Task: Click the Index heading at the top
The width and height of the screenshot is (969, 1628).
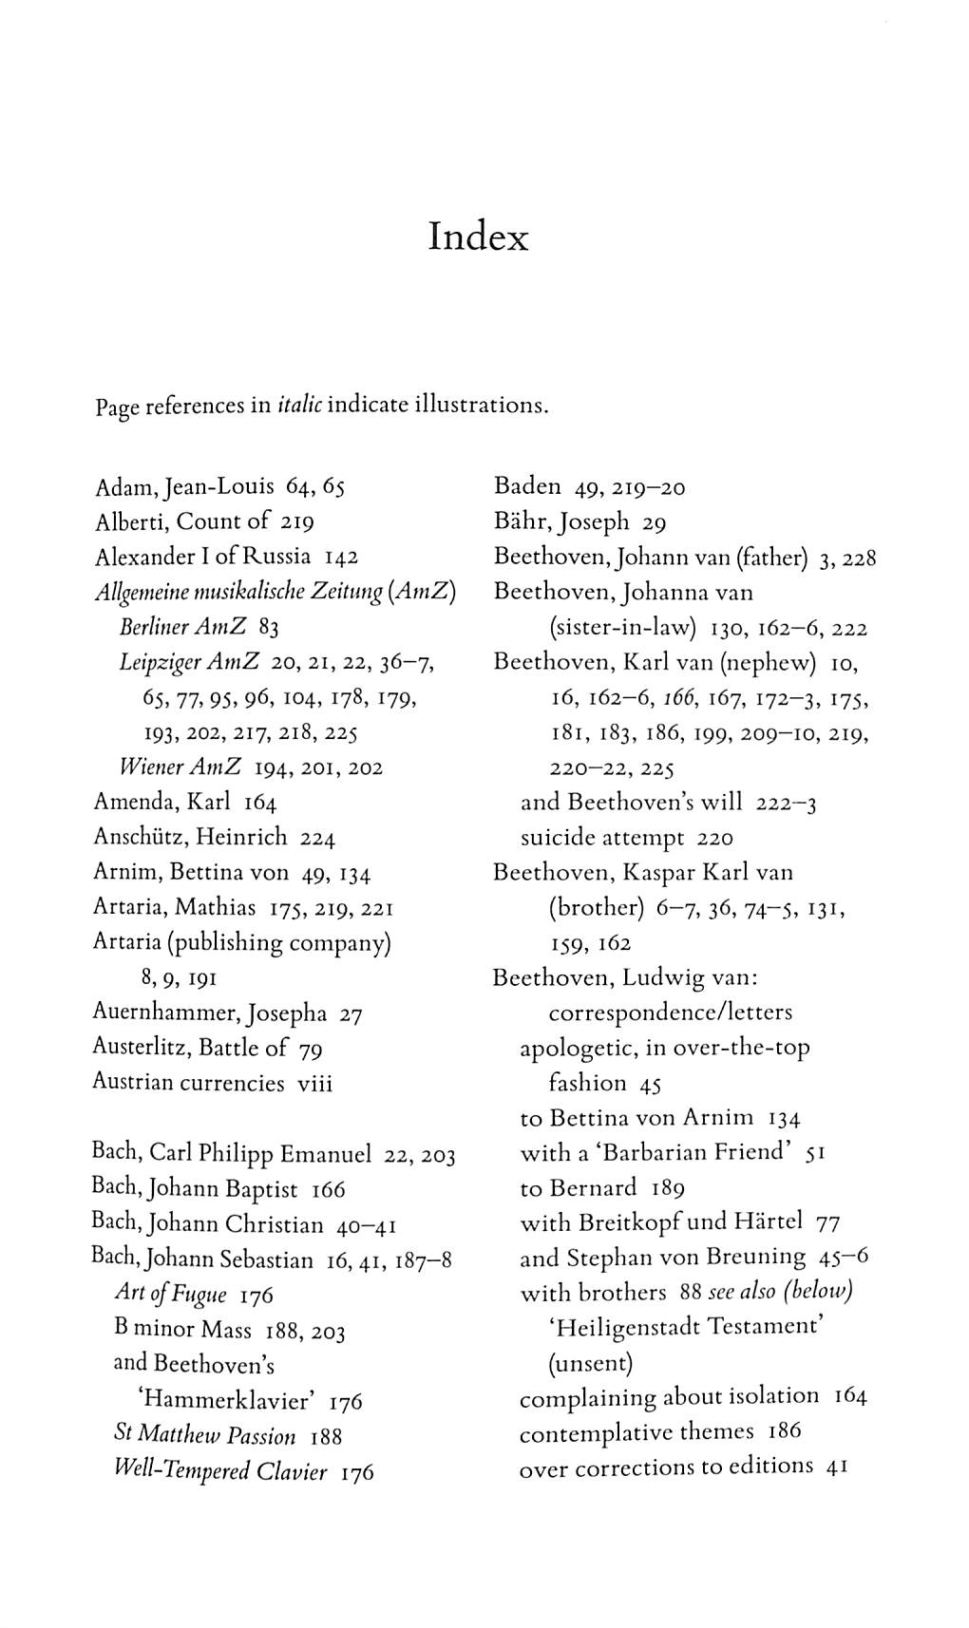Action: click(478, 237)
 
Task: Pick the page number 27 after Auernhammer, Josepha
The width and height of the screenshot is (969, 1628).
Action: click(351, 1014)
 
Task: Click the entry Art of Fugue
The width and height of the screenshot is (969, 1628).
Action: click(170, 1294)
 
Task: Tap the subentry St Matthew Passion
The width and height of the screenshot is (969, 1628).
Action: click(204, 1435)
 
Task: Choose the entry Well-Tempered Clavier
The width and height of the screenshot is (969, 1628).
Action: click(220, 1471)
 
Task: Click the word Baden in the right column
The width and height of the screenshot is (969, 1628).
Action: click(527, 486)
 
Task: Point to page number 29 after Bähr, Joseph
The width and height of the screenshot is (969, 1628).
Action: click(654, 522)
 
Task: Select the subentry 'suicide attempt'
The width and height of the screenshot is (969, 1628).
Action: click(602, 838)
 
